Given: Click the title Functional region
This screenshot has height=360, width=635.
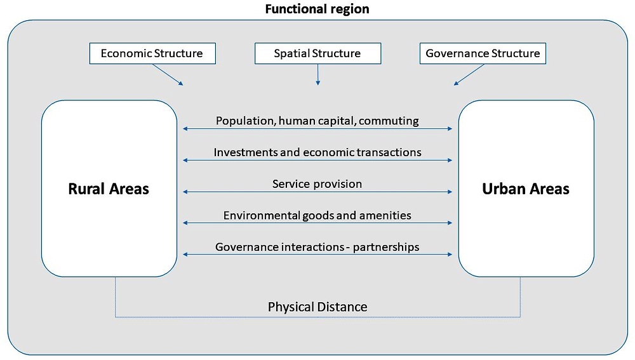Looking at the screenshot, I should click(x=317, y=10).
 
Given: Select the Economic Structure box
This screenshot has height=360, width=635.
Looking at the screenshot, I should click(x=152, y=53).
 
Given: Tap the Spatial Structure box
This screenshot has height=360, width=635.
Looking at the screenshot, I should click(x=317, y=53).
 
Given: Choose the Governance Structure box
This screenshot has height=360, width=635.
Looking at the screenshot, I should click(x=483, y=53).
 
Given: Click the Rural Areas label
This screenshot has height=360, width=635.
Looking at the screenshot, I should click(x=109, y=189).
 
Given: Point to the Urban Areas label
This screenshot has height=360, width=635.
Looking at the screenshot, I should click(x=526, y=189).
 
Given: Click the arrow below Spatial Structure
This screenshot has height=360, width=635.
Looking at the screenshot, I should click(x=317, y=74).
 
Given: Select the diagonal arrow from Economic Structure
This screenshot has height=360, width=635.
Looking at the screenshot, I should click(x=168, y=75).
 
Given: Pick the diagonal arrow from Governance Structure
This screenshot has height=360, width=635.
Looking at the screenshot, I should click(x=469, y=75).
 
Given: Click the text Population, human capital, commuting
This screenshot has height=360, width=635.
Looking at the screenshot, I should click(x=317, y=121).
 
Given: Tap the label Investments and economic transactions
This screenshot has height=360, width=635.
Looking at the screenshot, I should click(x=317, y=152).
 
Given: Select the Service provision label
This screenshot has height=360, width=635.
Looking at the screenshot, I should click(x=317, y=184).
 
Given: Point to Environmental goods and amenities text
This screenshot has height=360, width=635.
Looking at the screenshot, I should click(x=317, y=215).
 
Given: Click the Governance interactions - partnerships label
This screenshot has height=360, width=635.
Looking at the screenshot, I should click(x=317, y=247).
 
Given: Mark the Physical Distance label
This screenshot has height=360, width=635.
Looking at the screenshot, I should click(x=317, y=307).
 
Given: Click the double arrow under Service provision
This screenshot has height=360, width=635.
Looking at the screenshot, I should click(x=317, y=192).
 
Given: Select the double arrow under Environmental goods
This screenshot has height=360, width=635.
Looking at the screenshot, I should click(x=317, y=223).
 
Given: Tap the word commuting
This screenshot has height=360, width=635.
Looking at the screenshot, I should click(x=389, y=121).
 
